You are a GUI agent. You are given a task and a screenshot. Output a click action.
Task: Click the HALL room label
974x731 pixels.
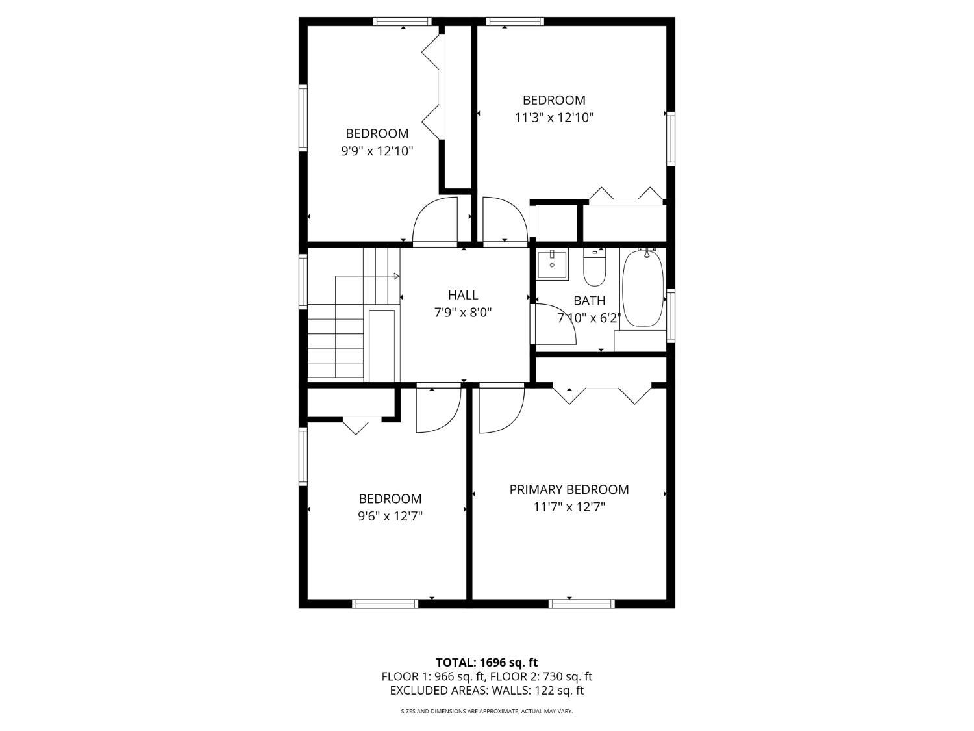pyautogui.click(x=463, y=295)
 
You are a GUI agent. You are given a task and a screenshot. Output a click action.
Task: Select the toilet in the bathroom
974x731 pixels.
pyautogui.click(x=594, y=270)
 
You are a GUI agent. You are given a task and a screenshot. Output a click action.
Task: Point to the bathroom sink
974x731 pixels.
pyautogui.click(x=552, y=264)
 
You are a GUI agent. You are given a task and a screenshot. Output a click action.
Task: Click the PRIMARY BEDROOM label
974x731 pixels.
pyautogui.click(x=569, y=489)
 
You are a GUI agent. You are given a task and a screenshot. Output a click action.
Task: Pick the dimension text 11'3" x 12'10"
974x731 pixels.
pyautogui.click(x=554, y=118)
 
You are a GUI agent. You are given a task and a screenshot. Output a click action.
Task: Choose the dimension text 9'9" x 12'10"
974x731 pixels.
pyautogui.click(x=377, y=151)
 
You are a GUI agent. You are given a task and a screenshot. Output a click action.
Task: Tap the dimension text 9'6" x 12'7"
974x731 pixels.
pyautogui.click(x=390, y=517)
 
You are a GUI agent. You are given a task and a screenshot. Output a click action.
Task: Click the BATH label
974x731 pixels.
pyautogui.click(x=590, y=301)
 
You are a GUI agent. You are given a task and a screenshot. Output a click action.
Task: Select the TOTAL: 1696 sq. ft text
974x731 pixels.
pyautogui.click(x=487, y=663)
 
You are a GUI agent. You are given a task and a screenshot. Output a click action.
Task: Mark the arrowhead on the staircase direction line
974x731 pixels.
pyautogui.click(x=397, y=276)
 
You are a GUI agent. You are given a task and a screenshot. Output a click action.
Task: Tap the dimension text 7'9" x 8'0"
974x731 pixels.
pyautogui.click(x=463, y=313)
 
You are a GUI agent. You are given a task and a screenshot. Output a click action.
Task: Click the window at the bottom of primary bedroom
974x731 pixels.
pyautogui.click(x=581, y=604)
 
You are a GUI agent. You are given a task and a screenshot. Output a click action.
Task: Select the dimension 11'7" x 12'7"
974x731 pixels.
pyautogui.click(x=569, y=507)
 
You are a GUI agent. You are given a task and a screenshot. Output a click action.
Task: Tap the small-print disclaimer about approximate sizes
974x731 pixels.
pyautogui.click(x=487, y=712)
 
